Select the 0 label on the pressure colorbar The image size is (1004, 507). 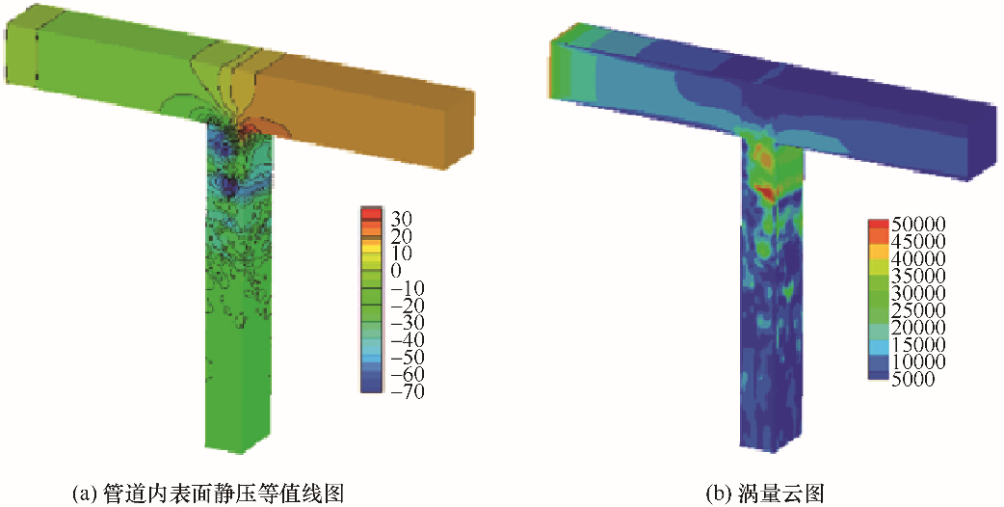point(395,271)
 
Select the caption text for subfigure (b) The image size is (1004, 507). point(764,494)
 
